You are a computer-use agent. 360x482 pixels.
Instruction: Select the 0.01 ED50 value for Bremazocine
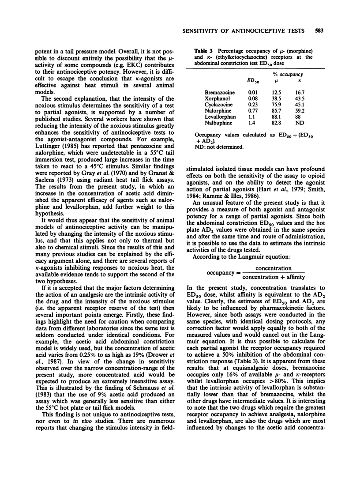pos(251,91)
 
